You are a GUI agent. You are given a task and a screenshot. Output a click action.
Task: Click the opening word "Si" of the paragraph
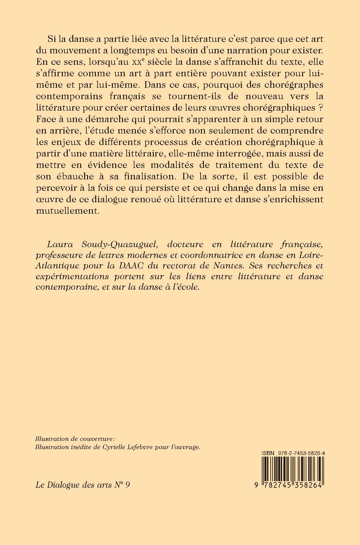(52, 40)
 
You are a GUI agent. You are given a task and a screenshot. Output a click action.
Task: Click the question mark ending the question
(321, 108)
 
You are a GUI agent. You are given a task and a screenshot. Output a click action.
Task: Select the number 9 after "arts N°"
(127, 485)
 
